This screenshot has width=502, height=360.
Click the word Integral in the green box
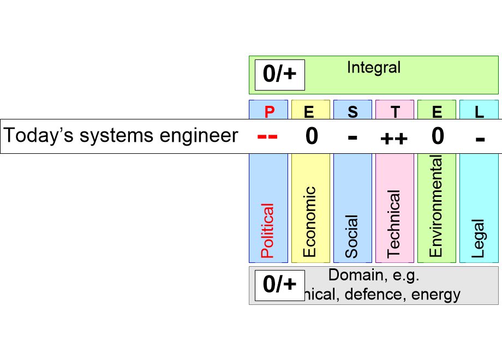374,68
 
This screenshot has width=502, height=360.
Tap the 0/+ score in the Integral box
279,74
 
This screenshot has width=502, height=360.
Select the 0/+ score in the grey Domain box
279,284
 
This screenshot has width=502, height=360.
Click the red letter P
269,112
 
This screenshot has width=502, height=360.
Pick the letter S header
352,112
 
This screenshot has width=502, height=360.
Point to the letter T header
395,112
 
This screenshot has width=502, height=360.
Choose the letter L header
479,112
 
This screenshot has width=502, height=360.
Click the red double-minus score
267,136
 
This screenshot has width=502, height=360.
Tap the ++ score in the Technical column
394,138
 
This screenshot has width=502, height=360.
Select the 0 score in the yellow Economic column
311,136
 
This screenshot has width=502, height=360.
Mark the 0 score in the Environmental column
438,136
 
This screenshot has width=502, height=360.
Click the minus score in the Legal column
480,138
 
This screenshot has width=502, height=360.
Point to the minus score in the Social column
352,137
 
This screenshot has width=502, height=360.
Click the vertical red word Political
267,231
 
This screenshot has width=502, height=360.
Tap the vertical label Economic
309,221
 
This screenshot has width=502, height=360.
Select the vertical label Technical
393,224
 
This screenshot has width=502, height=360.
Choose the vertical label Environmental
435,206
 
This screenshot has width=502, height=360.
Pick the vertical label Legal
478,239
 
